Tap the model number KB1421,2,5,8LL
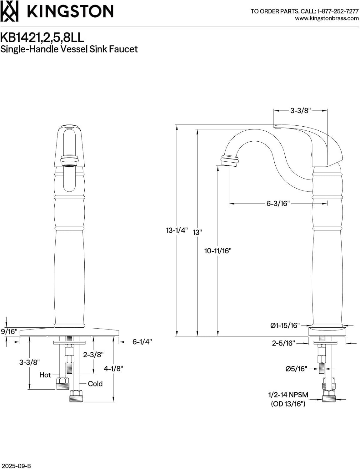42,38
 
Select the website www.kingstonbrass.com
327,18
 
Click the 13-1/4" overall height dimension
177,230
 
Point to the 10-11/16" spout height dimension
218,250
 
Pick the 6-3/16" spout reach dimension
278,204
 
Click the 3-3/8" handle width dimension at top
300,110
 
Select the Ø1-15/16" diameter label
285,325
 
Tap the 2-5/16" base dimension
283,343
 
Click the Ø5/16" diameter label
296,369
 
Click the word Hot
45,375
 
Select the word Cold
95,384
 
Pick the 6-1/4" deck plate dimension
142,342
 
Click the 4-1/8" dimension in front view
113,369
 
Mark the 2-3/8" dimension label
93,355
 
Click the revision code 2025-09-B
16,466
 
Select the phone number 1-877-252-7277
338,11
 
